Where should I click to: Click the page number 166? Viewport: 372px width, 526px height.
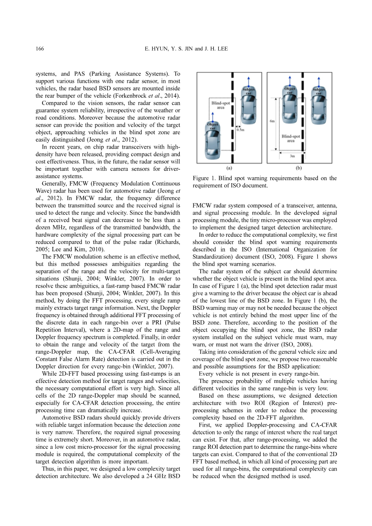tap(40, 49)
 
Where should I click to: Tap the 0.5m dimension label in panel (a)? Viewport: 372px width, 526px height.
tap(240, 130)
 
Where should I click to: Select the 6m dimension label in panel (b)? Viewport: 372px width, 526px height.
tap(272, 121)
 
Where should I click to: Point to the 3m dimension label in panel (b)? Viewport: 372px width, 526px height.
tap(292, 156)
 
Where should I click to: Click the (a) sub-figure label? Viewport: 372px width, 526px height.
tap(229, 168)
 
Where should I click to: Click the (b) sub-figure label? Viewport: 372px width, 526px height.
tap(299, 168)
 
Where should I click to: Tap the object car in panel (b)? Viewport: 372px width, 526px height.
tap(290, 105)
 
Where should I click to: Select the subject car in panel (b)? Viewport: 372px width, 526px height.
tap(319, 105)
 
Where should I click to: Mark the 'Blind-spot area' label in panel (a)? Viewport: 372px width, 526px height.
tap(220, 105)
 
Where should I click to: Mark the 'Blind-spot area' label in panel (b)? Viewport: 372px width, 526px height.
tap(291, 139)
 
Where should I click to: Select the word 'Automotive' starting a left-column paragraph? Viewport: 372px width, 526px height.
tap(56, 418)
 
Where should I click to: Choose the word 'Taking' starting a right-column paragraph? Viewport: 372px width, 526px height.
tap(207, 352)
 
